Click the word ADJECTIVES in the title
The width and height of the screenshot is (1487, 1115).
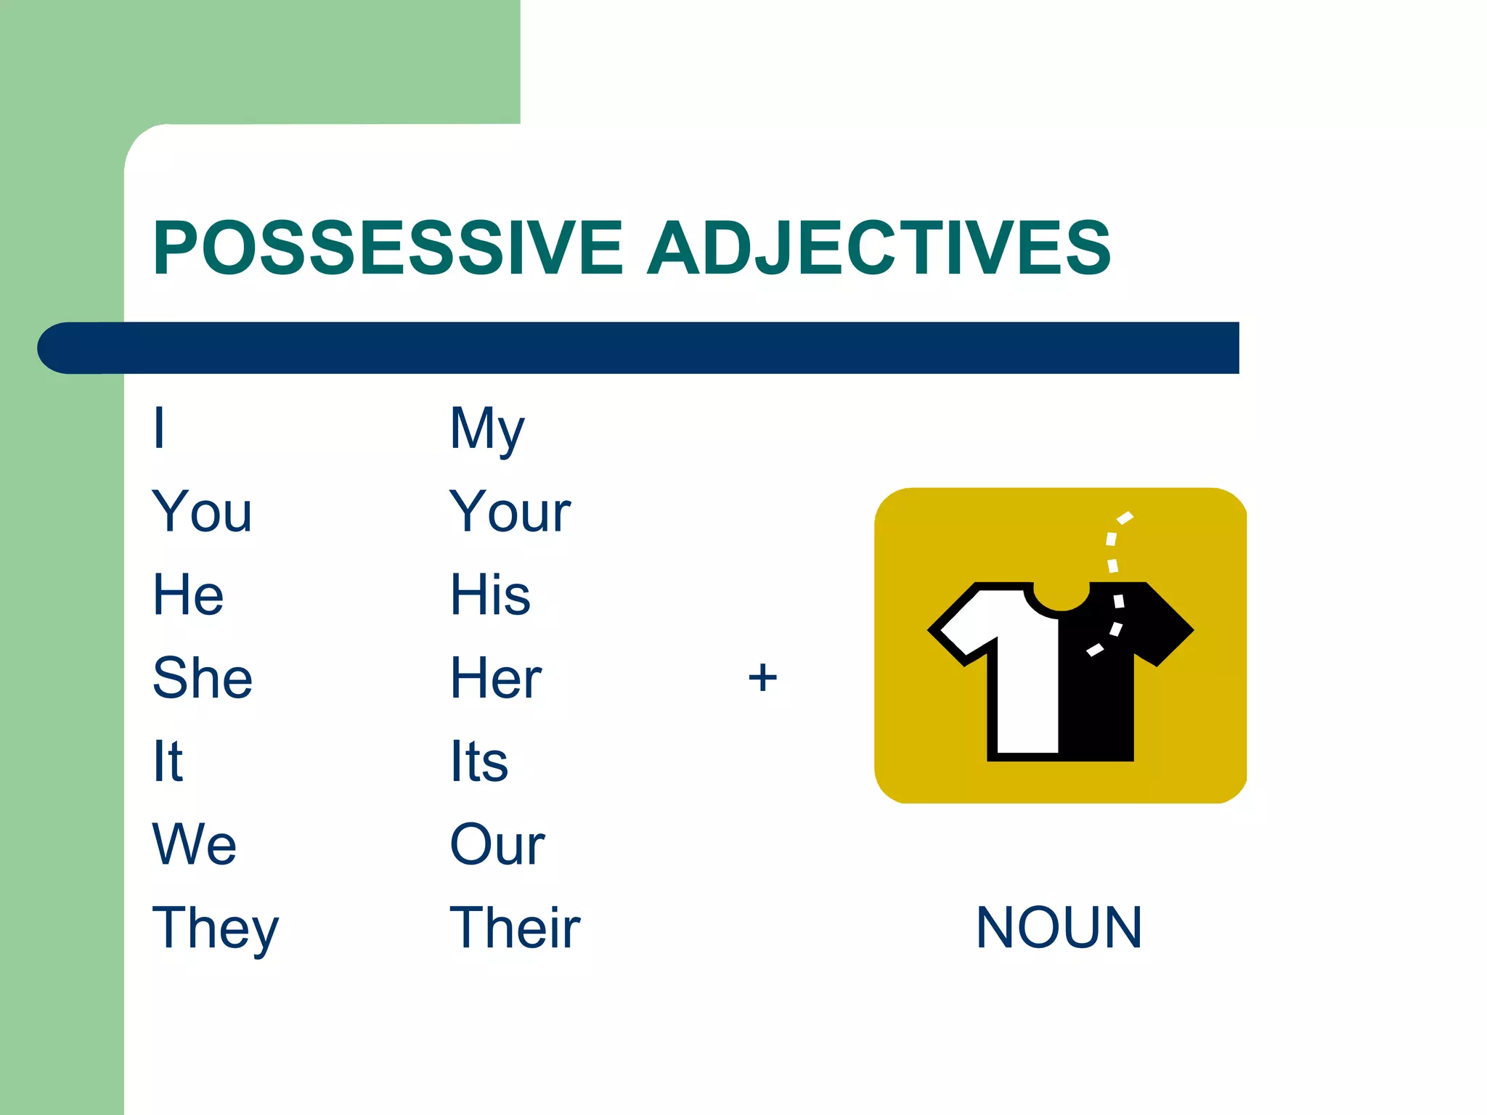tap(879, 248)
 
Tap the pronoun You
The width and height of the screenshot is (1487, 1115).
tap(202, 512)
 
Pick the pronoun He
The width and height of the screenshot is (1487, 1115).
tap(188, 595)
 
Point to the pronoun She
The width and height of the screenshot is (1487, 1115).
tap(203, 678)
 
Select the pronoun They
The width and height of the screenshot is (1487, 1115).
tap(215, 929)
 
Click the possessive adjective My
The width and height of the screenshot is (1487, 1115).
tap(486, 429)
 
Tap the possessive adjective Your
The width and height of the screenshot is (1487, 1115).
tap(510, 512)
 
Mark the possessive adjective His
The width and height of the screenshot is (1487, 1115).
tap(490, 595)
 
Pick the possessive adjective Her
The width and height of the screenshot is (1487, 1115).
tap(496, 678)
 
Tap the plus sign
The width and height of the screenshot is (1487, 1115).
tap(762, 678)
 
